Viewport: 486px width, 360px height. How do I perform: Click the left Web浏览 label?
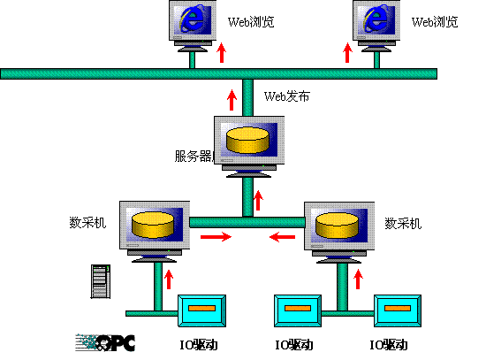click(x=251, y=22)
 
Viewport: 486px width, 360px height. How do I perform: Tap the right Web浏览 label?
click(x=435, y=22)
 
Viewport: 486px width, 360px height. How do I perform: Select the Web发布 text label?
click(x=286, y=96)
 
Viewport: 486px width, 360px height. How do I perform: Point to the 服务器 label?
click(x=194, y=156)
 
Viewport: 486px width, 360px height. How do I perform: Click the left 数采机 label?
click(x=87, y=223)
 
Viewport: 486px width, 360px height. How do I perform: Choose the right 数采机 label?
click(x=403, y=223)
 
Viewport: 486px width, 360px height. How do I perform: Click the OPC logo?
click(x=105, y=342)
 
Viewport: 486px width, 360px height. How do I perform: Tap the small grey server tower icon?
click(x=101, y=281)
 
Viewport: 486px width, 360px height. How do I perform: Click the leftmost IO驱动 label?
click(x=199, y=345)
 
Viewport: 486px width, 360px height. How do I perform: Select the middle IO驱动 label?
click(x=294, y=345)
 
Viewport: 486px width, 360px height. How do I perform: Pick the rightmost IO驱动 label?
click(x=389, y=345)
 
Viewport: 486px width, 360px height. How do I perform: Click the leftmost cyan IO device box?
click(x=201, y=311)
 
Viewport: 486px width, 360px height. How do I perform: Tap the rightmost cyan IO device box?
click(x=398, y=311)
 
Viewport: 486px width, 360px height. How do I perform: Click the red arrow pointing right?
click(x=216, y=237)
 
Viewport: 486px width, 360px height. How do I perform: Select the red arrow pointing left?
click(x=283, y=237)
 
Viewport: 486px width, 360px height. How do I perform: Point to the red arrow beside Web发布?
click(x=232, y=100)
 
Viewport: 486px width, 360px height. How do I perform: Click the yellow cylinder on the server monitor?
click(x=247, y=140)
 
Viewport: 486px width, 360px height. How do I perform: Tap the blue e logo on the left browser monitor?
click(x=192, y=18)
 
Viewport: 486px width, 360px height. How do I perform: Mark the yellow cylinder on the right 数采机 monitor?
click(x=337, y=225)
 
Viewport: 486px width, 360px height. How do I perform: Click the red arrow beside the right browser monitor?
click(x=347, y=53)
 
